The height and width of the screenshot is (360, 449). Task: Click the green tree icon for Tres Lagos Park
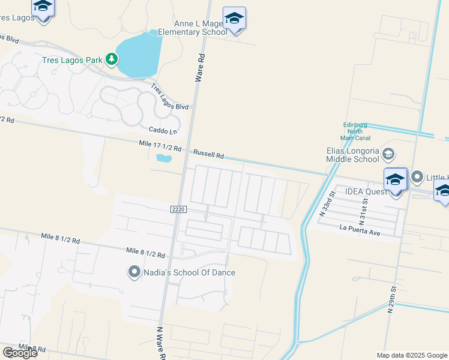111,59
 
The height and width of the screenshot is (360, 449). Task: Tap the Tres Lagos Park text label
71,59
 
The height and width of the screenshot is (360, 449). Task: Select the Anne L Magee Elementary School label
192,28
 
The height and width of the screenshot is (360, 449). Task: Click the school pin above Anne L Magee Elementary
234,19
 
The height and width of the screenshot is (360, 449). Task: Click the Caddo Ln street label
163,130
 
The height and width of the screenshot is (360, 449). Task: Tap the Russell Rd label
208,154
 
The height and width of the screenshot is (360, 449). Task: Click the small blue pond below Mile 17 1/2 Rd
163,159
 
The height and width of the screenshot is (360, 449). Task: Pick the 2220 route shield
179,209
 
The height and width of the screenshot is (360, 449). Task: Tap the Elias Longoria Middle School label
352,155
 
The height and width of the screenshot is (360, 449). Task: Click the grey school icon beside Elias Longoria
388,154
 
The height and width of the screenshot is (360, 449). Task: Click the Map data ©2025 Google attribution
412,355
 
